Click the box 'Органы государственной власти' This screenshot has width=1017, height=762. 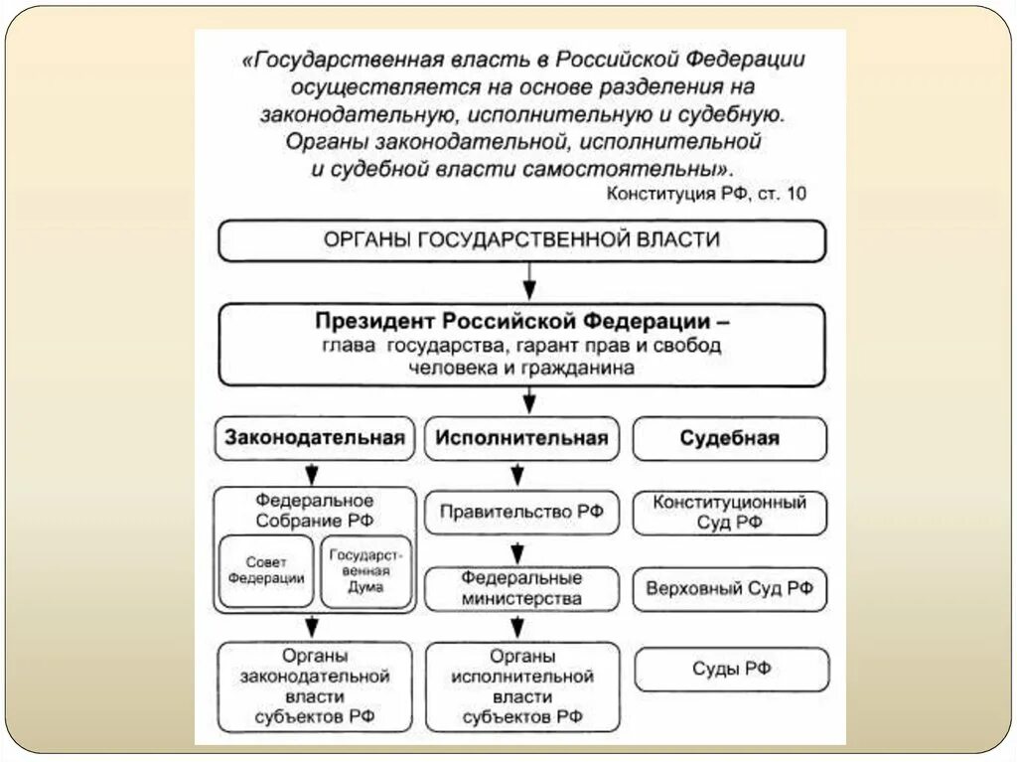pos(521,240)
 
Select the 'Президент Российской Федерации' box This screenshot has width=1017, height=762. pos(521,345)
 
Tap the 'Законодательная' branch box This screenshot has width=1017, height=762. pos(315,438)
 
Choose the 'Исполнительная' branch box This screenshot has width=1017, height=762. pos(521,438)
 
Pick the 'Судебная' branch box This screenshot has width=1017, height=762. pos(730,438)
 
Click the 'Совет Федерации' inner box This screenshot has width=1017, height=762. pos(266,570)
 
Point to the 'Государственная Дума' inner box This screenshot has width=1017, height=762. pos(360,571)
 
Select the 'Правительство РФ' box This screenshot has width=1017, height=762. pos(521,513)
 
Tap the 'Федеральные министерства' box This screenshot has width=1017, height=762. pos(521,589)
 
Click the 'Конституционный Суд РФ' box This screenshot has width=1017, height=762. pos(730,513)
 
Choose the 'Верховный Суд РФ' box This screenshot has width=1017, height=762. pos(730,589)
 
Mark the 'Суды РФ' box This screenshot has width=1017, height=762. pos(732,669)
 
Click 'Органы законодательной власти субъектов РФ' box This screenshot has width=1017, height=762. pos(315,686)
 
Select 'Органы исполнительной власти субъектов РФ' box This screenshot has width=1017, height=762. pos(521,686)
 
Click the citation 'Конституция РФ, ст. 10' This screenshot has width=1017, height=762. pos(706,194)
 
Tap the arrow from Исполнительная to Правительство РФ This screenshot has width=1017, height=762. pos(516,474)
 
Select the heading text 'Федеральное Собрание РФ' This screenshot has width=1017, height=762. pos(315,510)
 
